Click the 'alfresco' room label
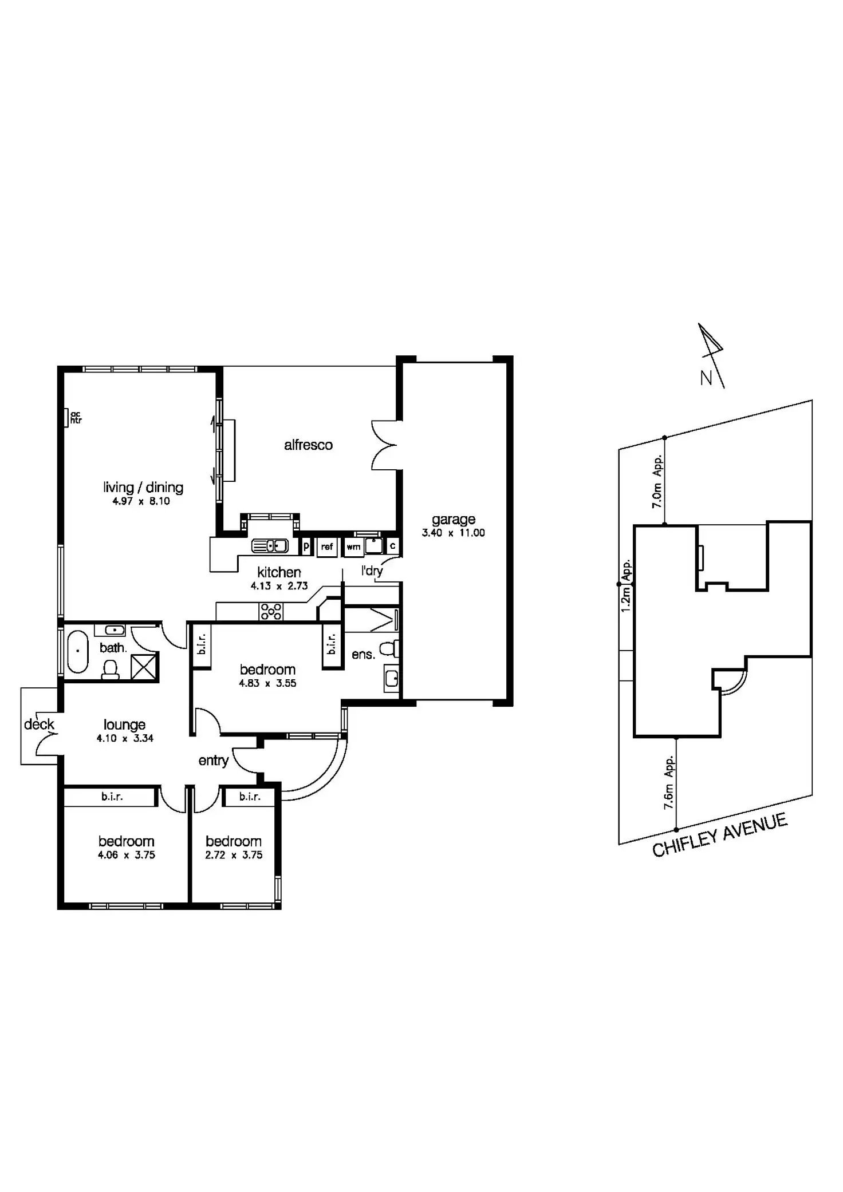click(x=308, y=445)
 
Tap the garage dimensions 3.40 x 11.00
click(x=453, y=533)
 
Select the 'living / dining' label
click(x=143, y=487)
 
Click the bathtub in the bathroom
click(x=77, y=651)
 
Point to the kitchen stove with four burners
click(x=271, y=611)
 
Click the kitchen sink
click(x=270, y=546)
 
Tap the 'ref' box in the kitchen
click(x=327, y=547)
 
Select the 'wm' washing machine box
click(x=353, y=547)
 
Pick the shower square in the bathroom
click(x=144, y=667)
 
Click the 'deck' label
click(x=39, y=724)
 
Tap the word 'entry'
click(x=214, y=761)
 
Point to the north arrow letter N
click(x=706, y=378)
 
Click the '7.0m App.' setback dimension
click(x=657, y=481)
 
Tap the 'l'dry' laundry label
click(x=372, y=571)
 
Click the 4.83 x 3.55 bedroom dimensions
click(x=267, y=683)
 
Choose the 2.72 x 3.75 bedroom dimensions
click(x=234, y=855)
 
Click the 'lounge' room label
click(x=124, y=725)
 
